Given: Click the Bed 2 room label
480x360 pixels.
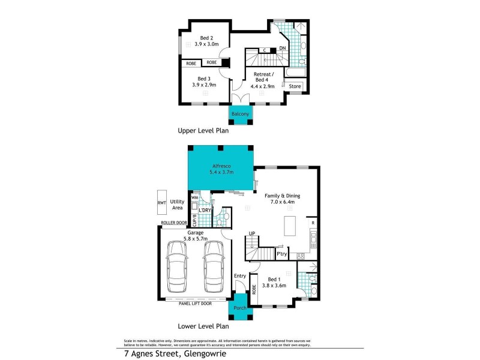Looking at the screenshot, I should pyautogui.click(x=207, y=41).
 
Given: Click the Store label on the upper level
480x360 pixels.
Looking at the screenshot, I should pyautogui.click(x=295, y=86).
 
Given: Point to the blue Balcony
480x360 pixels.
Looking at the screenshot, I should pyautogui.click(x=240, y=114).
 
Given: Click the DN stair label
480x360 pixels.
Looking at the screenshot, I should pyautogui.click(x=282, y=47).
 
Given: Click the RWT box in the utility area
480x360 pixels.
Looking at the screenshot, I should pyautogui.click(x=161, y=203).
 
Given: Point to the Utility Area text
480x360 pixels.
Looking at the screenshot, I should pyautogui.click(x=177, y=205).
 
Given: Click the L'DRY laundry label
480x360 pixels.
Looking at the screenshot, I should pyautogui.click(x=205, y=210).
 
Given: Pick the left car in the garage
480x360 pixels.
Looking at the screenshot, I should pyautogui.click(x=178, y=264).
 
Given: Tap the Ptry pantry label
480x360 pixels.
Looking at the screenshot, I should pyautogui.click(x=281, y=255).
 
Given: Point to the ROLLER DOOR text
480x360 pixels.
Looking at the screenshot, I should pyautogui.click(x=173, y=223).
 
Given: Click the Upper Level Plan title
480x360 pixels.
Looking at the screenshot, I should pyautogui.click(x=203, y=130).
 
